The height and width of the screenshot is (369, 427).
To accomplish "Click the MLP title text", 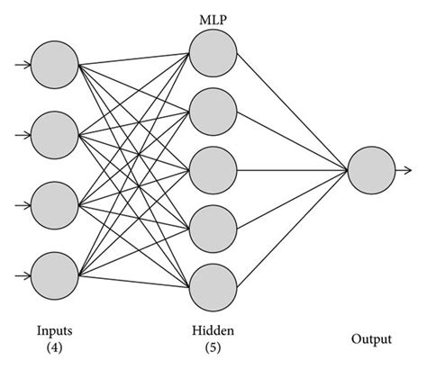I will tap(213, 19).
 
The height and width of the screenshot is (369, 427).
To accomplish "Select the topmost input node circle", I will tap(54, 65).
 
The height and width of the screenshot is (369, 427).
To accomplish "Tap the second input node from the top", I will tap(54, 134).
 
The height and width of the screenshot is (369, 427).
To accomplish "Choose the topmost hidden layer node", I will tap(213, 53).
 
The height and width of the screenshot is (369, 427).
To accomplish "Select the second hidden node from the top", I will tap(213, 111).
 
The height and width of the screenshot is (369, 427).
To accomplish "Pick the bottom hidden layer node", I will tap(213, 283).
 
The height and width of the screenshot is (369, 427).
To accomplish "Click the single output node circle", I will tap(370, 169).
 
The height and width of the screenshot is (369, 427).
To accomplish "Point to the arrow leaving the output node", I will tap(404, 169).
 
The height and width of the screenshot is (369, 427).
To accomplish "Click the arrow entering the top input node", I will tap(21, 65).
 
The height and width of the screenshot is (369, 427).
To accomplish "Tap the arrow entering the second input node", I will tap(21, 134).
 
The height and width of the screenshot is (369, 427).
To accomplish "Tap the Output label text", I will tap(370, 339).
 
